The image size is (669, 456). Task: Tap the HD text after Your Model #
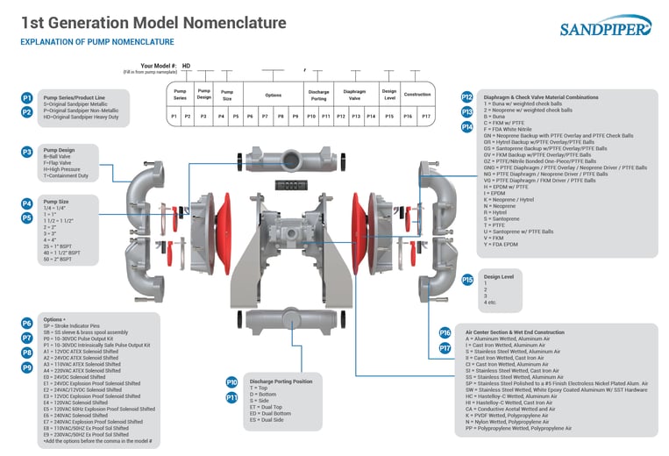tap(186, 66)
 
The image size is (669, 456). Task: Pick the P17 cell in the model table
tap(425, 116)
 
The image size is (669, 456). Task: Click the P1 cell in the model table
tap(174, 116)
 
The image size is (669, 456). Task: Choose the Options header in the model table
tap(274, 95)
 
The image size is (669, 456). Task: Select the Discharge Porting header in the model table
tap(318, 95)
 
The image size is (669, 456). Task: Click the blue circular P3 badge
tap(27, 152)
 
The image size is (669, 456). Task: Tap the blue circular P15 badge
tap(467, 279)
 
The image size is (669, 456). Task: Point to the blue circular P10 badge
tap(231, 382)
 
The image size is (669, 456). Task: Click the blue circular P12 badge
tap(467, 97)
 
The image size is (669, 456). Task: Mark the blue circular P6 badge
tap(27, 323)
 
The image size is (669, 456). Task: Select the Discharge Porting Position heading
tap(281, 381)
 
